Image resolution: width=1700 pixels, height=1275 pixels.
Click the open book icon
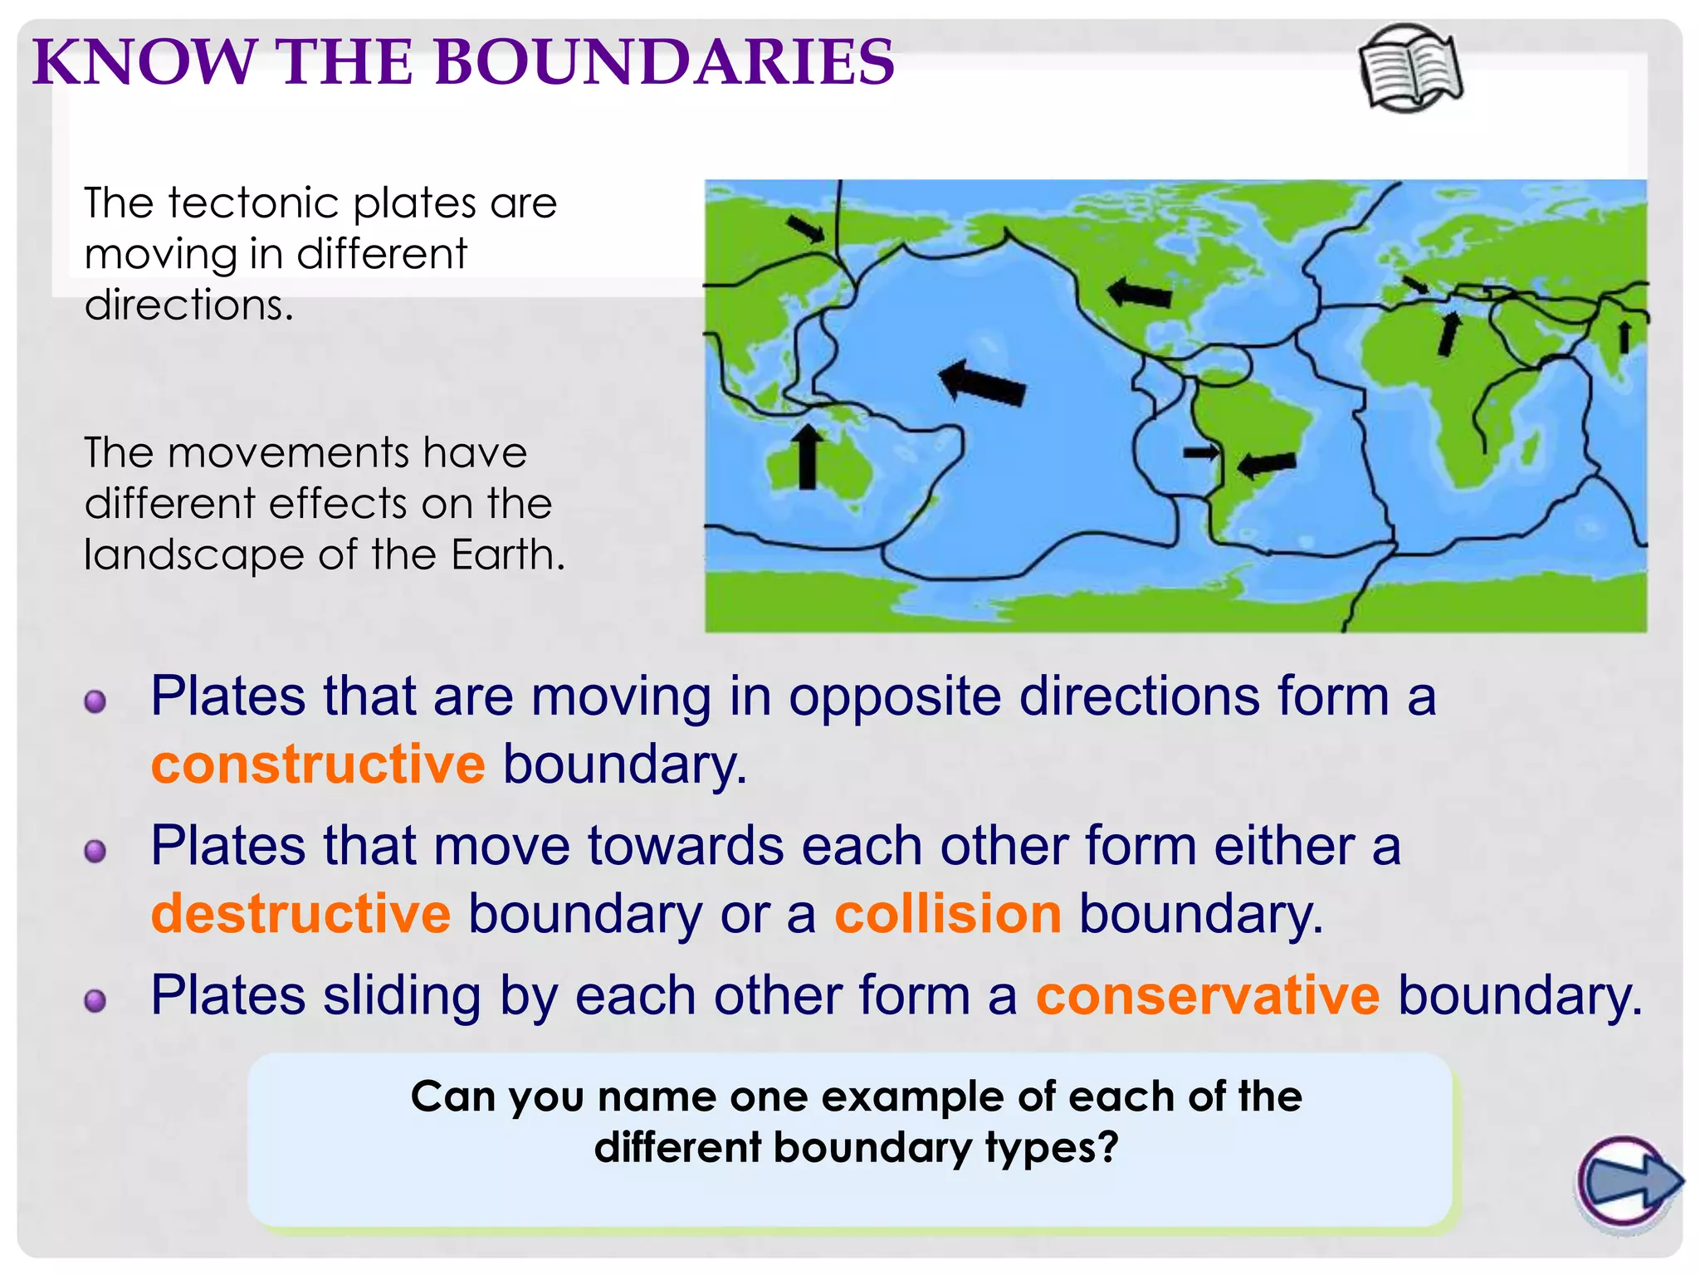[x=1411, y=69]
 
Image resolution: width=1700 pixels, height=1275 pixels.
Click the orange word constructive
[x=318, y=765]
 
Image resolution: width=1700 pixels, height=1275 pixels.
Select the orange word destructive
[x=300, y=914]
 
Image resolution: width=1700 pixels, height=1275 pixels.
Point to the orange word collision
[x=948, y=914]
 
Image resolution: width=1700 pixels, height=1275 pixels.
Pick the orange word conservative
[x=1208, y=995]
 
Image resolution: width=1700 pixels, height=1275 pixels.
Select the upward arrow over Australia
[x=807, y=457]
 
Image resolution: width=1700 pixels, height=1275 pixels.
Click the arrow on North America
[x=1140, y=293]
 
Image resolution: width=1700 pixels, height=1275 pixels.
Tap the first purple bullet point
[x=95, y=701]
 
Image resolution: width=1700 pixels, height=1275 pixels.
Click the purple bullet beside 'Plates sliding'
[x=95, y=1001]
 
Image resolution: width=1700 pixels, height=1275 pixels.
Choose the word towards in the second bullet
[x=686, y=846]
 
